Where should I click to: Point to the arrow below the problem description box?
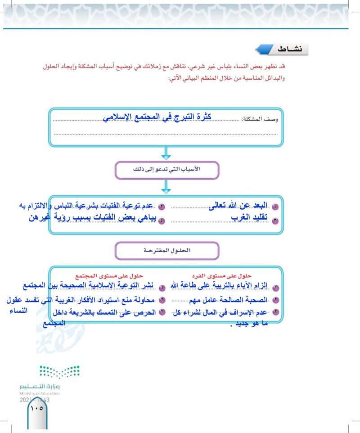tap(166, 154)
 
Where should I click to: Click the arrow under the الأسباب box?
tap(166, 188)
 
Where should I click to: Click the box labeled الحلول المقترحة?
tap(167, 250)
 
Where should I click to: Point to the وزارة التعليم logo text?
tap(40, 387)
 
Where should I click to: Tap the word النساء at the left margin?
tap(18, 311)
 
